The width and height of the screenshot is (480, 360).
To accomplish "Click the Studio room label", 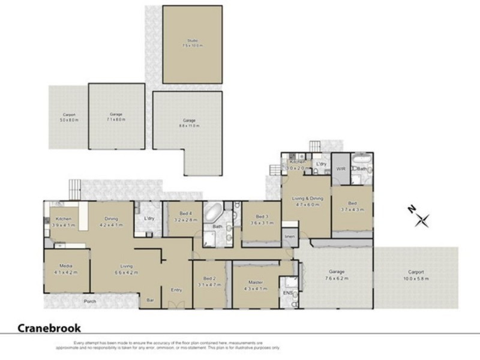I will (x=192, y=41).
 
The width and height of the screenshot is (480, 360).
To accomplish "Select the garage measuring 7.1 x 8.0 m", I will (x=116, y=117).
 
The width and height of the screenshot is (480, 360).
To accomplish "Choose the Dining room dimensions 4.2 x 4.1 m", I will (x=111, y=224).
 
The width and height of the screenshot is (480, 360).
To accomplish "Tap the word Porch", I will (x=90, y=301).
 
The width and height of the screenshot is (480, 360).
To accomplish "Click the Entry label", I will (x=176, y=289).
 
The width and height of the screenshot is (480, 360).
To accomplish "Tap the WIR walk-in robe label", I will (x=340, y=169).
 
